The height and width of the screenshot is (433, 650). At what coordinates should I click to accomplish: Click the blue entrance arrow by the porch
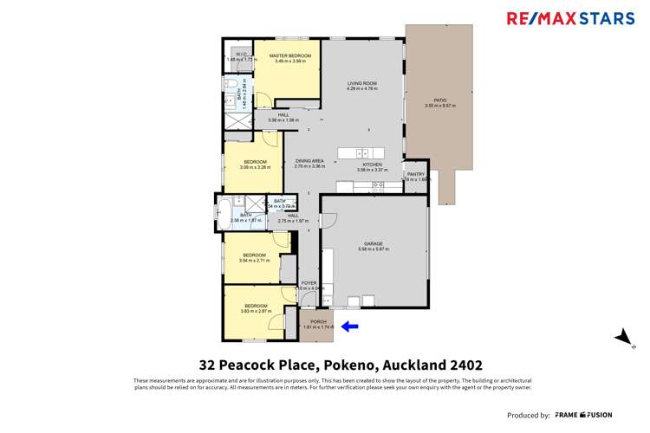[350, 326]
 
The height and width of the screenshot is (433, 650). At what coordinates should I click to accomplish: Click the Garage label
[374, 244]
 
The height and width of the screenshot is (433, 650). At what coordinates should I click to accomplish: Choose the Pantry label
[416, 174]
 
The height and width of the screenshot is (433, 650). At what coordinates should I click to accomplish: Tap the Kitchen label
[372, 165]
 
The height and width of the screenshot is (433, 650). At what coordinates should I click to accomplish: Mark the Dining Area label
[309, 161]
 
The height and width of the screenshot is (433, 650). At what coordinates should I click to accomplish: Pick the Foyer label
[309, 283]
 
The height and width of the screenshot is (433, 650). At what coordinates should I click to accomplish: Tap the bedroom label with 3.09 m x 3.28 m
[255, 162]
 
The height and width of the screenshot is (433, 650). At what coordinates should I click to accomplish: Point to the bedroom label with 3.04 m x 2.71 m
[254, 255]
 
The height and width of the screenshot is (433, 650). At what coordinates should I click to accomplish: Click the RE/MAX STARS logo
[570, 18]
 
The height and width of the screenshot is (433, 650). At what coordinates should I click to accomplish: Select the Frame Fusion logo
[584, 415]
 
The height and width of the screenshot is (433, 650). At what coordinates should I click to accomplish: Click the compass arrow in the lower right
[621, 337]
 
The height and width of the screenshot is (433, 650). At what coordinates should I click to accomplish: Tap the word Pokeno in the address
[352, 365]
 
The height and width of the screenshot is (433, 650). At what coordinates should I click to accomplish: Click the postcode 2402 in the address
[465, 365]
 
